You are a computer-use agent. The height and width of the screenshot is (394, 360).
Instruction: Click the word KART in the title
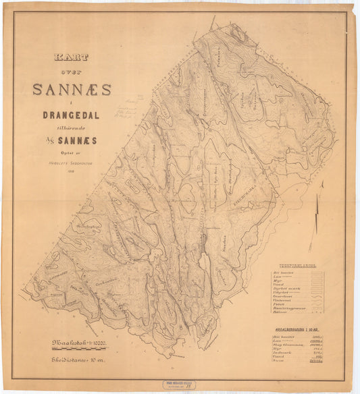(69, 59)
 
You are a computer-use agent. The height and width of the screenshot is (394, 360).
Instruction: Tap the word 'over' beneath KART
(70, 72)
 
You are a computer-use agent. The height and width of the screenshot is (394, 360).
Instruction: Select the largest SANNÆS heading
(72, 89)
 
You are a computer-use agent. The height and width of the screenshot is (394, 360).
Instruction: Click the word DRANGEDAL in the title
(71, 115)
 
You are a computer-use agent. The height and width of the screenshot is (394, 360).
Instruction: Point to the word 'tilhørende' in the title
(71, 126)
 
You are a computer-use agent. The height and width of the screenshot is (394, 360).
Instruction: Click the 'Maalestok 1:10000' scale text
(80, 344)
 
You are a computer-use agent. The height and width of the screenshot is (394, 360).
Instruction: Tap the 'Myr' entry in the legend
(278, 281)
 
